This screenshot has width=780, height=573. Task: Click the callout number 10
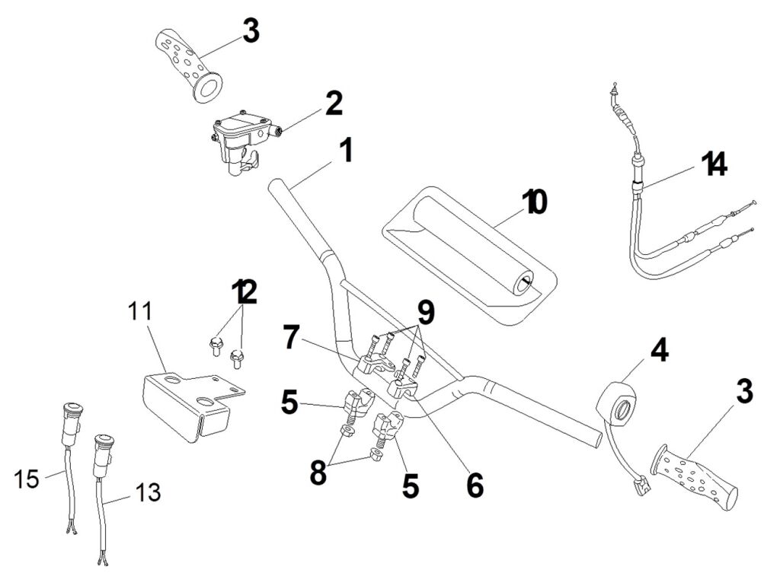535,202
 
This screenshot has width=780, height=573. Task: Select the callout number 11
140,311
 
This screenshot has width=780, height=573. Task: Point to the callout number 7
290,337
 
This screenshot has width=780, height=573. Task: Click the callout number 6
475,485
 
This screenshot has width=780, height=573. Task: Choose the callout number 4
659,350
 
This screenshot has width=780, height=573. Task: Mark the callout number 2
334,104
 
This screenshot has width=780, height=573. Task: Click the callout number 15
27,479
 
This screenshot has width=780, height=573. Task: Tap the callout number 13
149,492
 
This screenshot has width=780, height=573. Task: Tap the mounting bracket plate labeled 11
187,403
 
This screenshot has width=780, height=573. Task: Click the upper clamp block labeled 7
370,364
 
